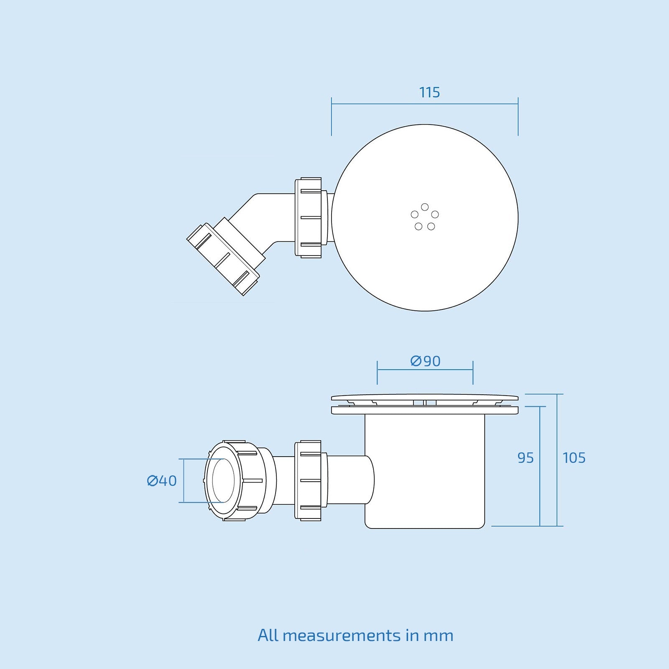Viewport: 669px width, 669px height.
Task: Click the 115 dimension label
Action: click(x=429, y=92)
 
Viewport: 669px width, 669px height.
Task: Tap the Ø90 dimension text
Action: click(x=425, y=361)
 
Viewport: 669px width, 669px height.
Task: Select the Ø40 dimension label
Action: click(x=162, y=481)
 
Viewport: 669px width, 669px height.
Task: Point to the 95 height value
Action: click(x=526, y=458)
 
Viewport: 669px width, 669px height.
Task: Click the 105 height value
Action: click(x=574, y=458)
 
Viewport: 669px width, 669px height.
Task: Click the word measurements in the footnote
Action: click(x=341, y=636)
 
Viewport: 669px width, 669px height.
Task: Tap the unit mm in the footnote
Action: click(x=438, y=636)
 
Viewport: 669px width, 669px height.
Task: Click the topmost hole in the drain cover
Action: click(x=425, y=207)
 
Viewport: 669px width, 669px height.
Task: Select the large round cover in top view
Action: click(x=460, y=259)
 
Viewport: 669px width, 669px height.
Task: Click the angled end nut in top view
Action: click(x=223, y=259)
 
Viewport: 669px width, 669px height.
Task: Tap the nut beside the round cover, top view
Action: click(x=309, y=217)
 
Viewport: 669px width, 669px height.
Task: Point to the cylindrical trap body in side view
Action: click(x=425, y=472)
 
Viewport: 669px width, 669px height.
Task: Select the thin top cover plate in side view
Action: click(x=425, y=397)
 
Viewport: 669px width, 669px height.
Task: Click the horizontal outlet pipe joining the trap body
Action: click(x=349, y=480)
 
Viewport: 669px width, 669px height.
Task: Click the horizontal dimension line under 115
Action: click(x=425, y=104)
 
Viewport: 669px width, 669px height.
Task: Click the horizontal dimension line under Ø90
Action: click(x=425, y=370)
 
